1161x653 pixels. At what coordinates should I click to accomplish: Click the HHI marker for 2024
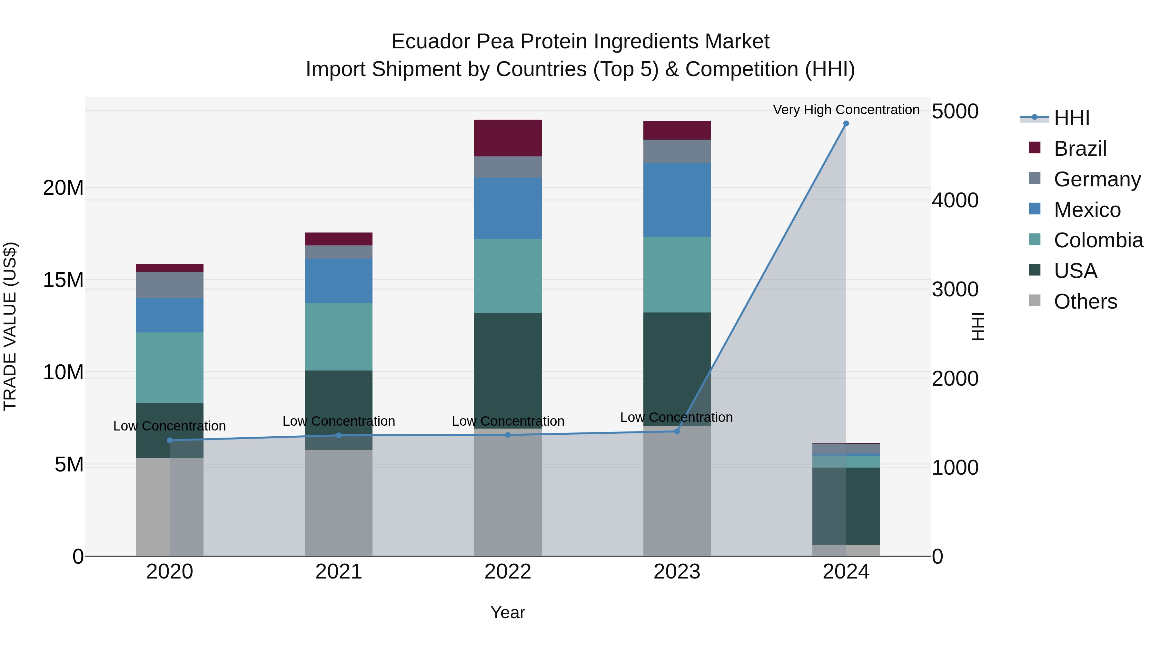[x=846, y=124]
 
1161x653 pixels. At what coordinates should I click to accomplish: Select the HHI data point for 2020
[x=170, y=440]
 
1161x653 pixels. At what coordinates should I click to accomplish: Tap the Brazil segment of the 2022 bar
[x=508, y=138]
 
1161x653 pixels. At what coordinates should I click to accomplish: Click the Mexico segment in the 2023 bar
[x=677, y=200]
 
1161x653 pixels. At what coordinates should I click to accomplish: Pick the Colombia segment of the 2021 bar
[x=339, y=336]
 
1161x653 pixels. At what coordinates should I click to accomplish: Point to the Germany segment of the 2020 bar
[x=170, y=284]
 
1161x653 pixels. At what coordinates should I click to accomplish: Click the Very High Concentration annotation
[x=846, y=110]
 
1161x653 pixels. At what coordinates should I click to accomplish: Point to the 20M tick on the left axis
[x=63, y=187]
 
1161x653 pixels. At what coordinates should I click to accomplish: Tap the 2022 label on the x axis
[x=508, y=572]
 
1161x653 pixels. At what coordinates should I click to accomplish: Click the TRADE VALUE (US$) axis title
[x=10, y=326]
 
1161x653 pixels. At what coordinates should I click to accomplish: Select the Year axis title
[x=508, y=612]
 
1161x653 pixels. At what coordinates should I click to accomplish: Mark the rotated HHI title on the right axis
[x=977, y=326]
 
